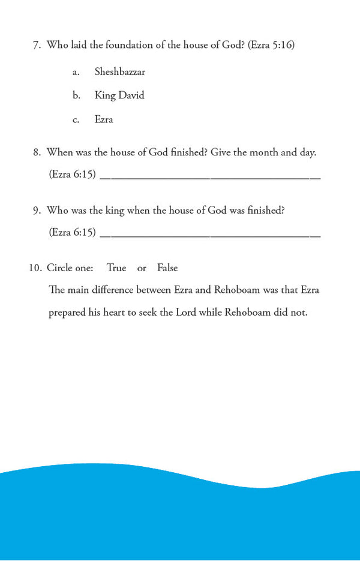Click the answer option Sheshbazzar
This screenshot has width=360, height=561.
pos(119,72)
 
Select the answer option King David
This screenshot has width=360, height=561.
pos(119,95)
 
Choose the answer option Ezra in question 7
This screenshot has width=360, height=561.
pos(104,119)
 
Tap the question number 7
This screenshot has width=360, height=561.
pos(36,45)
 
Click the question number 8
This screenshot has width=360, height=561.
pos(36,152)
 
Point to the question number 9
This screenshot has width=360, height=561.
pos(36,210)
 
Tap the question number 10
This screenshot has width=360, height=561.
pos(35,268)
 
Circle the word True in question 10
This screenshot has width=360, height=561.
pos(116,268)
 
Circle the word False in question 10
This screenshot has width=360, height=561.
pos(167,268)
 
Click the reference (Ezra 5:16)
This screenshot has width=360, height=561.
pos(271,45)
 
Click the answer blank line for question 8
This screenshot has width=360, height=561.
pos(210,177)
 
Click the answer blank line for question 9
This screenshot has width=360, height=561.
pos(210,235)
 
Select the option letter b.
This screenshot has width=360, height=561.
pos(76,95)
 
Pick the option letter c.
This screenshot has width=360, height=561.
pos(76,120)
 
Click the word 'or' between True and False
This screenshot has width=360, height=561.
pos(142,268)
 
